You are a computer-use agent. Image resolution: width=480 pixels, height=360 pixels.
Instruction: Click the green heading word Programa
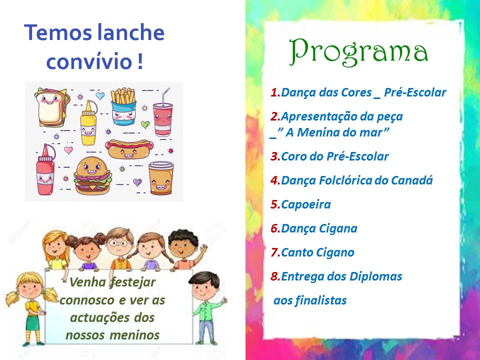358,52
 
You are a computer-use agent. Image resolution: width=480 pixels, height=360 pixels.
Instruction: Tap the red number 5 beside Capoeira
274,204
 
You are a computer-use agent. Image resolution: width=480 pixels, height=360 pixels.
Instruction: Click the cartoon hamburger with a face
93,175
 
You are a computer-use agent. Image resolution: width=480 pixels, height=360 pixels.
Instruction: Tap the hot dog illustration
129,149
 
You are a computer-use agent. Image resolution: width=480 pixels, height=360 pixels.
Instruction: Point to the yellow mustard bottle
88,123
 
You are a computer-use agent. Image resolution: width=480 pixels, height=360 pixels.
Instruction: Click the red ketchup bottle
45,170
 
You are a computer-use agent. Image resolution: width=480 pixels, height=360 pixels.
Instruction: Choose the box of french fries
123,106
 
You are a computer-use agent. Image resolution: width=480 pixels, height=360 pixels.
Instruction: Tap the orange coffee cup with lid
161,178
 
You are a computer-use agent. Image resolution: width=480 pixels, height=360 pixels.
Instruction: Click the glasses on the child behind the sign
117,243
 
